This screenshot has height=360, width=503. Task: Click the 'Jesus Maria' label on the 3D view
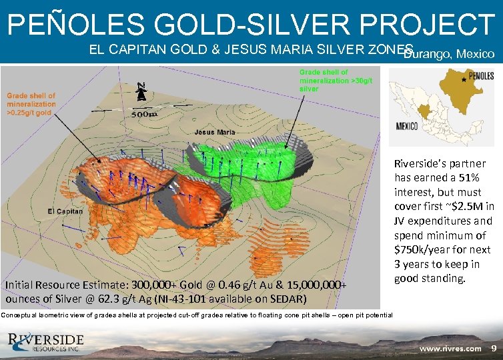point(215,132)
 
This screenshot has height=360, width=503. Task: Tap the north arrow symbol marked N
point(141,92)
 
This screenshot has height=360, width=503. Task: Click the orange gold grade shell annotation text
point(31,105)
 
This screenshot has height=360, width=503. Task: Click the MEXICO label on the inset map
point(407,125)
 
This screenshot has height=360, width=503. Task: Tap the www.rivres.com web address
point(450,348)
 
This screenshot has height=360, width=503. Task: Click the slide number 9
point(493,348)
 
